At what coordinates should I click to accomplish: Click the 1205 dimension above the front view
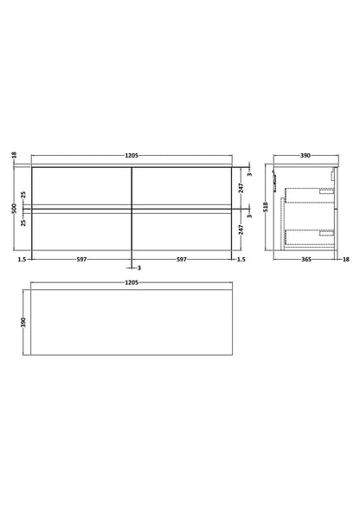click(x=132, y=157)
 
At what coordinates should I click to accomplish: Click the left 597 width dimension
click(x=80, y=258)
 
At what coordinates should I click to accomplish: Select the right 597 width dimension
click(x=182, y=258)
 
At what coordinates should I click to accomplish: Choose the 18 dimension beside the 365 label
click(x=344, y=258)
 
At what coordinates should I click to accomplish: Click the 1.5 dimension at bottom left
click(x=19, y=258)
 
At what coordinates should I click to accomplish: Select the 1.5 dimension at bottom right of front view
click(x=242, y=258)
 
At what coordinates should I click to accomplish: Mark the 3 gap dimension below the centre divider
click(x=138, y=268)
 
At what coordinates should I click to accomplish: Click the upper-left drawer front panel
click(x=80, y=184)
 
